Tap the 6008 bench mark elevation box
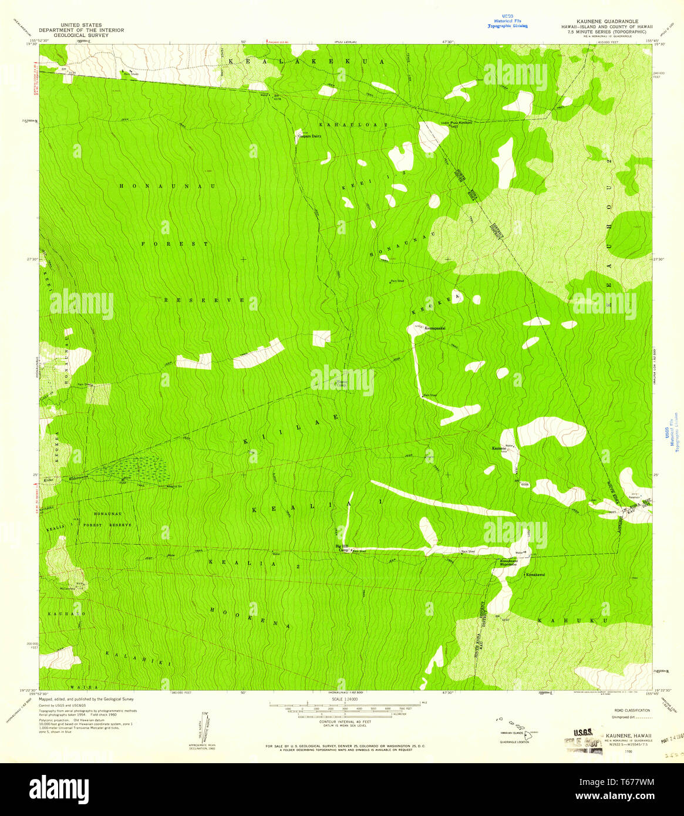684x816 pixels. click(524, 484)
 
